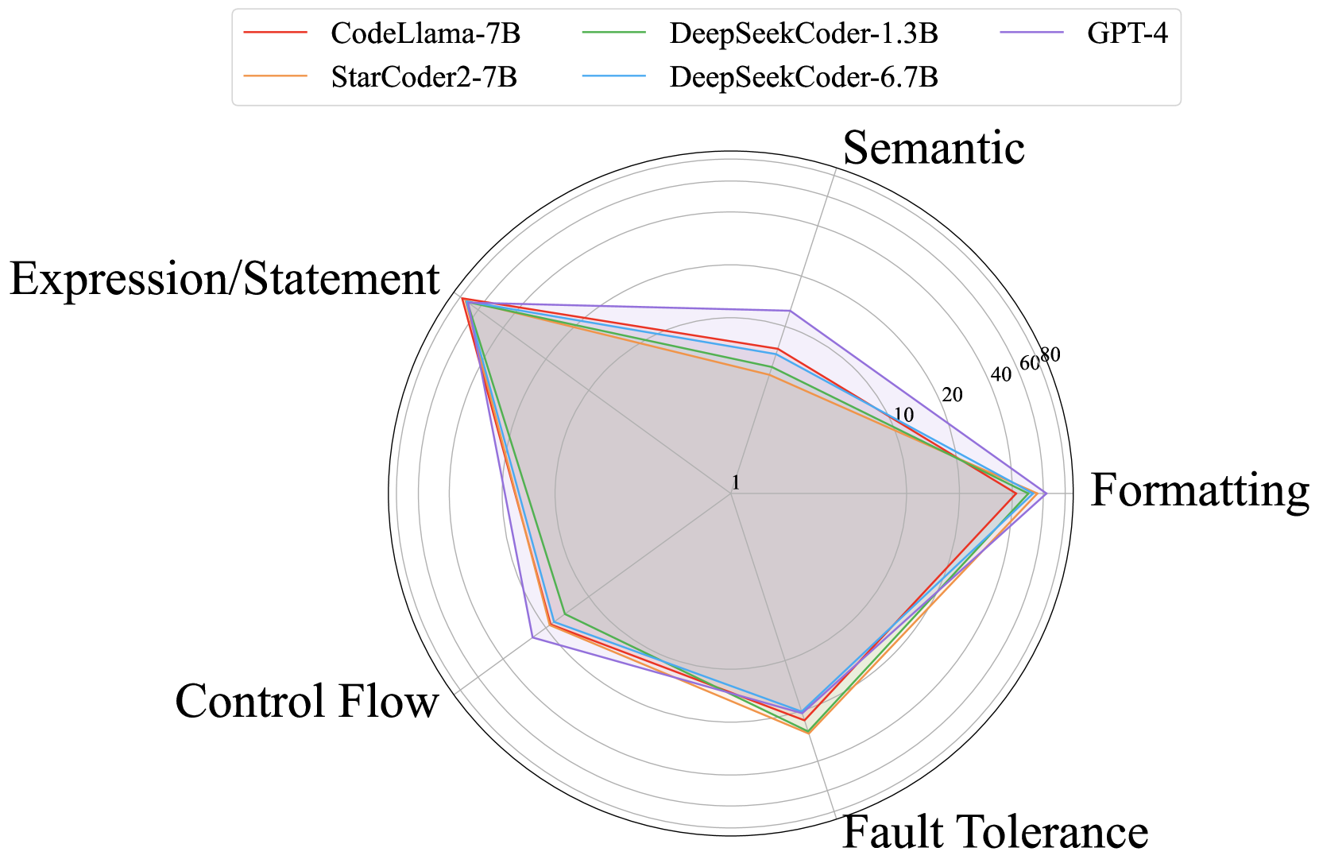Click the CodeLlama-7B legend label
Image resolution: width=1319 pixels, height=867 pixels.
[425, 34]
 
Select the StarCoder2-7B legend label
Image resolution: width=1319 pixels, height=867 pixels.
[424, 78]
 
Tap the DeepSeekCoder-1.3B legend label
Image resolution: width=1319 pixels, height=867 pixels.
[804, 34]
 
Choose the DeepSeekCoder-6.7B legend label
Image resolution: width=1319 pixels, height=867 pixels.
[804, 78]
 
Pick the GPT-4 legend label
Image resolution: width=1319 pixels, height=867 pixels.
[1128, 34]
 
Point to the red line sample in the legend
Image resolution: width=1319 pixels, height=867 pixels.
[275, 34]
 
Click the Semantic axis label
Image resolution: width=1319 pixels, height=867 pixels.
[934, 148]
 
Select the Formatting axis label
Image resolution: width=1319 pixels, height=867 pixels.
[1199, 490]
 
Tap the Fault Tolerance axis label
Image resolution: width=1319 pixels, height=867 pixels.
[995, 832]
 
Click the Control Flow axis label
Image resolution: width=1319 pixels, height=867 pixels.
[307, 702]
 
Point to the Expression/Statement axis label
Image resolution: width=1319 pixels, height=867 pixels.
[225, 279]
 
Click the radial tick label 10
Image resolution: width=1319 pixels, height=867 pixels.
[903, 415]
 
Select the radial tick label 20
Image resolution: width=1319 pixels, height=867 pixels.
[951, 395]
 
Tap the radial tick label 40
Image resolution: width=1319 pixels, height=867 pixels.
[1001, 374]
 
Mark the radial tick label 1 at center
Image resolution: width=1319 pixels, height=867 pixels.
[736, 482]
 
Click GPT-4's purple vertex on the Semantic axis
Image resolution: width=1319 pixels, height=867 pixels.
[789, 311]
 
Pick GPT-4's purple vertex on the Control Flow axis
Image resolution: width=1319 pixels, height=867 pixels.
[532, 638]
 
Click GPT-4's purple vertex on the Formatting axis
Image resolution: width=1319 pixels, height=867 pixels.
[1046, 493]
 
